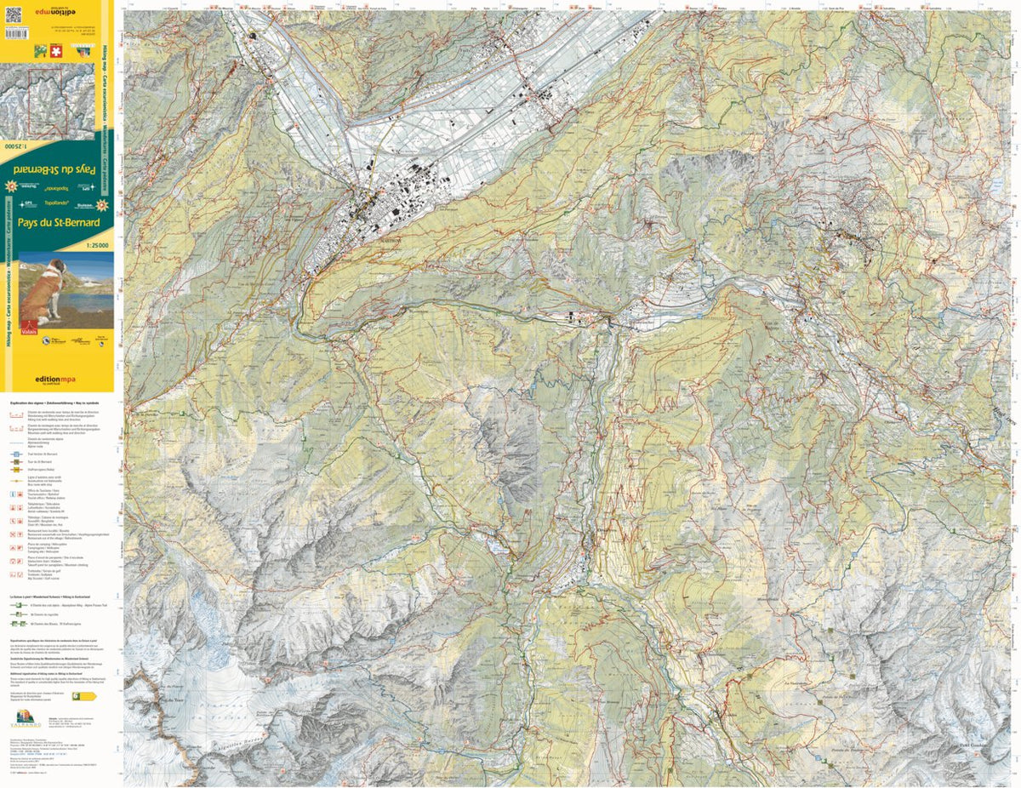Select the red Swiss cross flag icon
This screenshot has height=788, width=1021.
coord(56,50)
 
